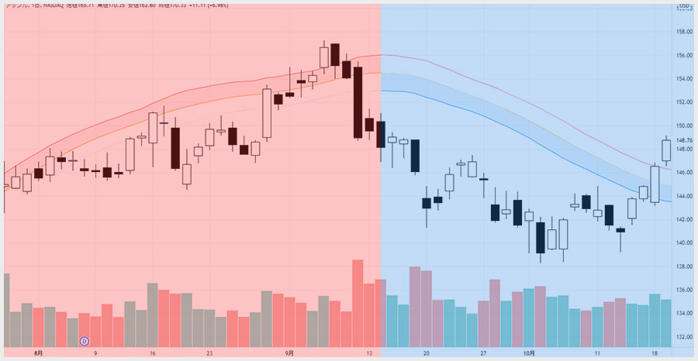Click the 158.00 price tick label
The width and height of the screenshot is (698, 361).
point(683,32)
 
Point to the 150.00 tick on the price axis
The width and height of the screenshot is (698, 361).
point(683,125)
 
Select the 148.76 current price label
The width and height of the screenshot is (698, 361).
point(683,140)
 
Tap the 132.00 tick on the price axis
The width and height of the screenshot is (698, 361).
point(683,337)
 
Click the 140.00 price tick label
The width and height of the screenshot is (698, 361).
point(683,243)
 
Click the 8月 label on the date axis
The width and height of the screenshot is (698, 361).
point(39,353)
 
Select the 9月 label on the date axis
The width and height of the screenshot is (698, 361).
point(289,353)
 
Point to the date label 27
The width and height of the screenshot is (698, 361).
point(482,353)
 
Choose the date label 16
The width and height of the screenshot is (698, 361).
point(153,353)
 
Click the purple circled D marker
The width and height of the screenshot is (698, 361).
point(85,340)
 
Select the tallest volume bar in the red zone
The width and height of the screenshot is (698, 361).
point(358,304)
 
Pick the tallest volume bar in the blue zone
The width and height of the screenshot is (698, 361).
point(415,307)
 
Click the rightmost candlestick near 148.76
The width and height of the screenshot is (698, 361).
point(666,150)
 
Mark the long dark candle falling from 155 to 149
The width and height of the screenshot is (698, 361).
point(358,102)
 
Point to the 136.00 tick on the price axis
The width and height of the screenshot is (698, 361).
point(683,291)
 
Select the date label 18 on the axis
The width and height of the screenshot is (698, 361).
point(655,353)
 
